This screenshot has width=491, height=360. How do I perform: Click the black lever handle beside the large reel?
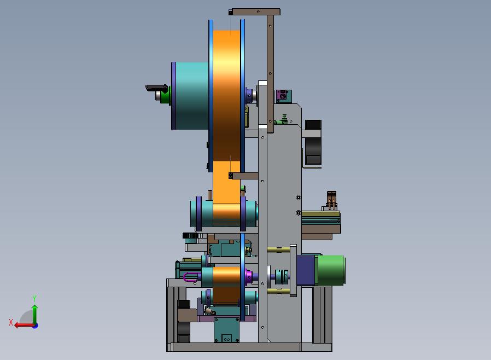point(156,88)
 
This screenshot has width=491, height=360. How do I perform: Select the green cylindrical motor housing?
point(331,270)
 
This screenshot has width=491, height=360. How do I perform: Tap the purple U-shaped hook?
point(190,277)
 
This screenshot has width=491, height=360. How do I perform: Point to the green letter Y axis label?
point(34,298)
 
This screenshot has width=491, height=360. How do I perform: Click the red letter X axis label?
point(11,322)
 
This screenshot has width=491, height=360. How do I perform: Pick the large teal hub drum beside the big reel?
point(190,96)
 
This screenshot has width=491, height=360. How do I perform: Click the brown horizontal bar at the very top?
point(254,12)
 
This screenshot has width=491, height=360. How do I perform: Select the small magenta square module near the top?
point(283,96)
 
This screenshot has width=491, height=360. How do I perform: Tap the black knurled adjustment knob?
point(190,236)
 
